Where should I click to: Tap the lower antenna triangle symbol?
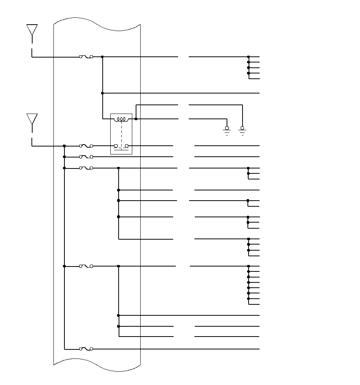point(32,119)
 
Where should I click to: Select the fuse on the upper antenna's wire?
point(86,57)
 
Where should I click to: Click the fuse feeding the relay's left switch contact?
point(86,145)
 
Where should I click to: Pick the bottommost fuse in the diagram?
point(86,349)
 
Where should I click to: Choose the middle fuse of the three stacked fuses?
point(86,157)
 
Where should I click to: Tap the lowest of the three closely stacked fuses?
point(86,168)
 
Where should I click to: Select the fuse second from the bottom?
point(86,266)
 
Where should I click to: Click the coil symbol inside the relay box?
point(121,120)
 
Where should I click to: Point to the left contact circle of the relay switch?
point(116,146)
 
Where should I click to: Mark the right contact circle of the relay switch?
point(127,146)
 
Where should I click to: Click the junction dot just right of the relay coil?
point(136,119)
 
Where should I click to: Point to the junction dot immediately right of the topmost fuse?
point(102,57)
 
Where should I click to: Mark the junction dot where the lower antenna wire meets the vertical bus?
point(64,146)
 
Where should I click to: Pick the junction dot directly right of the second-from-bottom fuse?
point(119,266)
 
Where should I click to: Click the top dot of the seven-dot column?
point(249,266)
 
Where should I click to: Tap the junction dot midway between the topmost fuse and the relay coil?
point(102,93)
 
